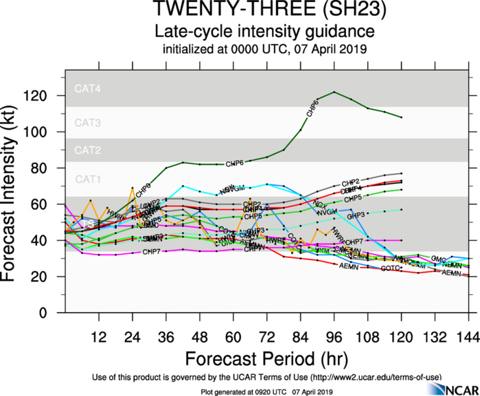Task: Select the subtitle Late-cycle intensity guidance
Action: point(264,32)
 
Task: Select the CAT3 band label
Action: point(87,123)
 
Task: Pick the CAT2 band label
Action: point(87,150)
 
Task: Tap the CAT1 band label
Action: point(87,179)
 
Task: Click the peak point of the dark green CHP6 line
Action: point(334,92)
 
